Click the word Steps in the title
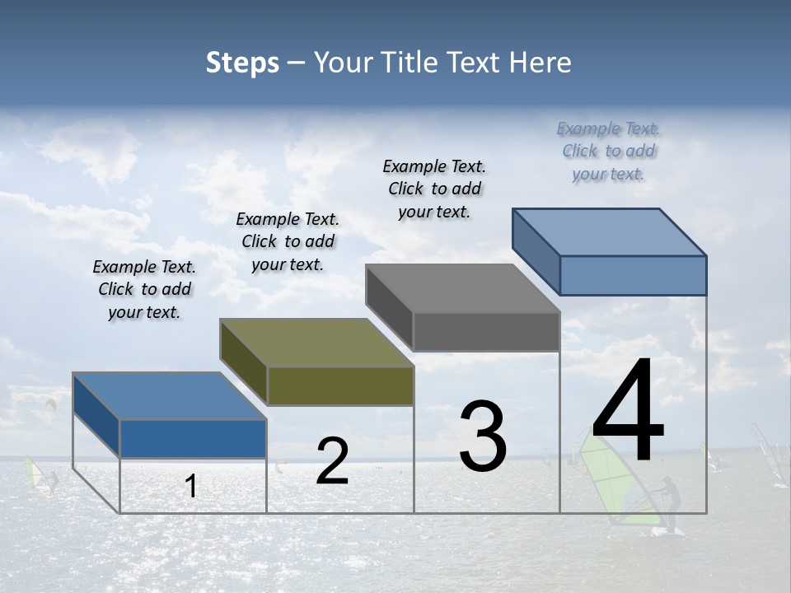tap(242, 63)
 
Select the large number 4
tap(628, 411)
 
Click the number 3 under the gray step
tap(483, 437)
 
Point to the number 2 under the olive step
tap(332, 461)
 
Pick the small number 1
tap(191, 487)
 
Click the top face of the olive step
tap(316, 343)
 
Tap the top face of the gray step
tap(462, 288)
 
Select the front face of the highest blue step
tap(633, 275)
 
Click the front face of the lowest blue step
tap(193, 438)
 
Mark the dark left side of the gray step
tap(389, 309)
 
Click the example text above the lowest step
tap(144, 289)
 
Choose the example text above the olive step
tap(288, 241)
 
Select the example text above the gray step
tap(434, 189)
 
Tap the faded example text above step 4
tap(608, 151)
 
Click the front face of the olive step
tap(340, 385)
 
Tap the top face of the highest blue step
tap(609, 231)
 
